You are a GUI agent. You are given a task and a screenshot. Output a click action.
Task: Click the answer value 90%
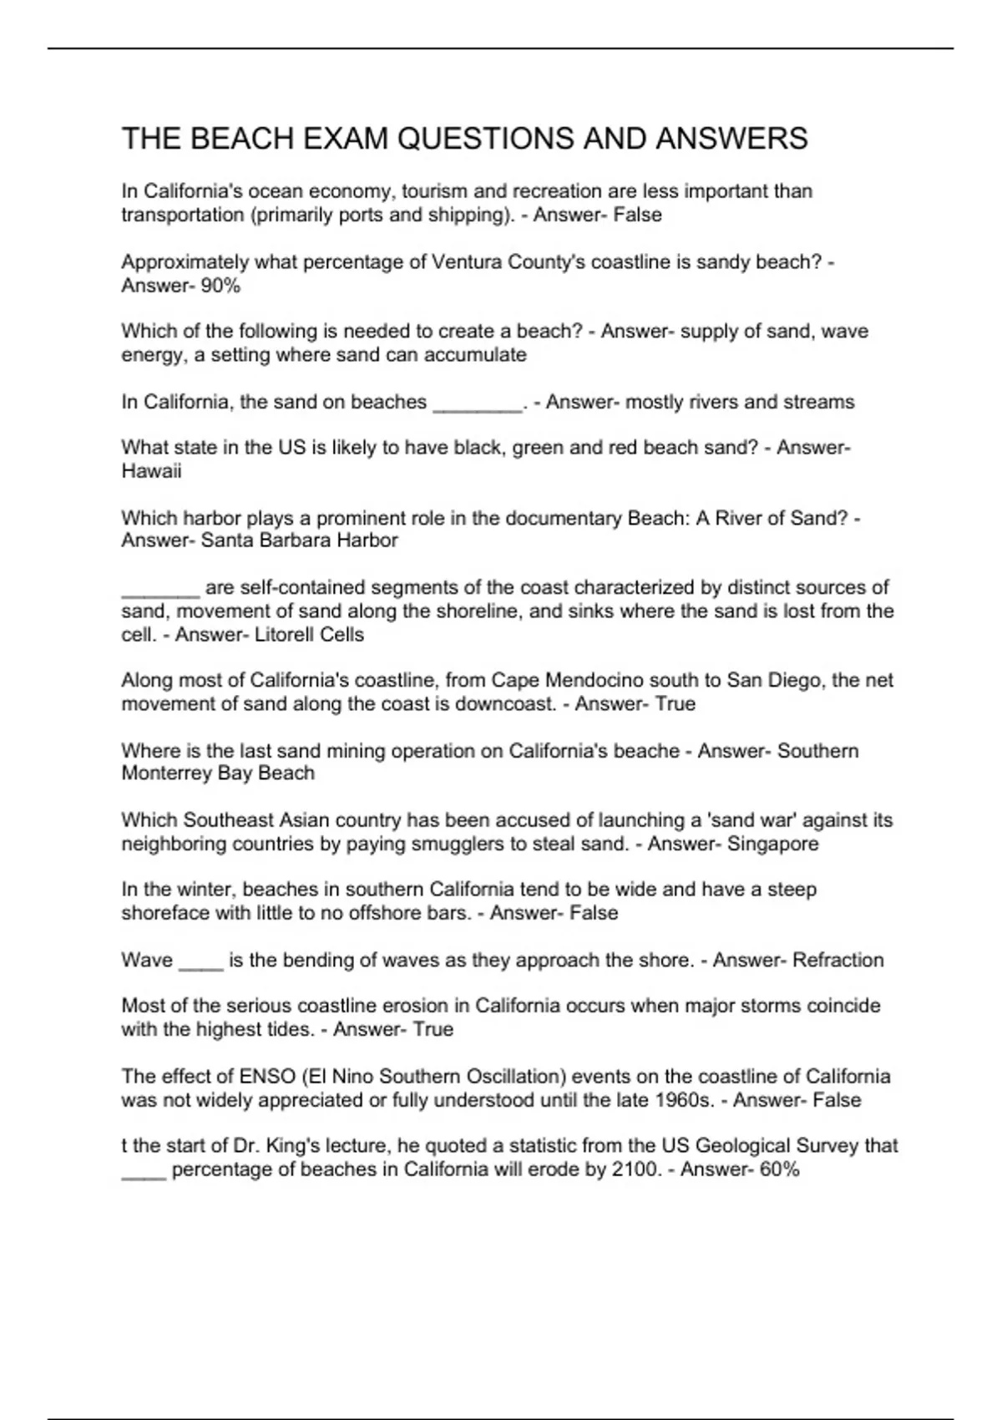(220, 286)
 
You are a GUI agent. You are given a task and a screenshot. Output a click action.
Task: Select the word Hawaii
(151, 471)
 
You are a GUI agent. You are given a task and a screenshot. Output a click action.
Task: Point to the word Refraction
(838, 961)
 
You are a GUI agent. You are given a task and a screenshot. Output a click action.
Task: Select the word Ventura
(466, 262)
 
